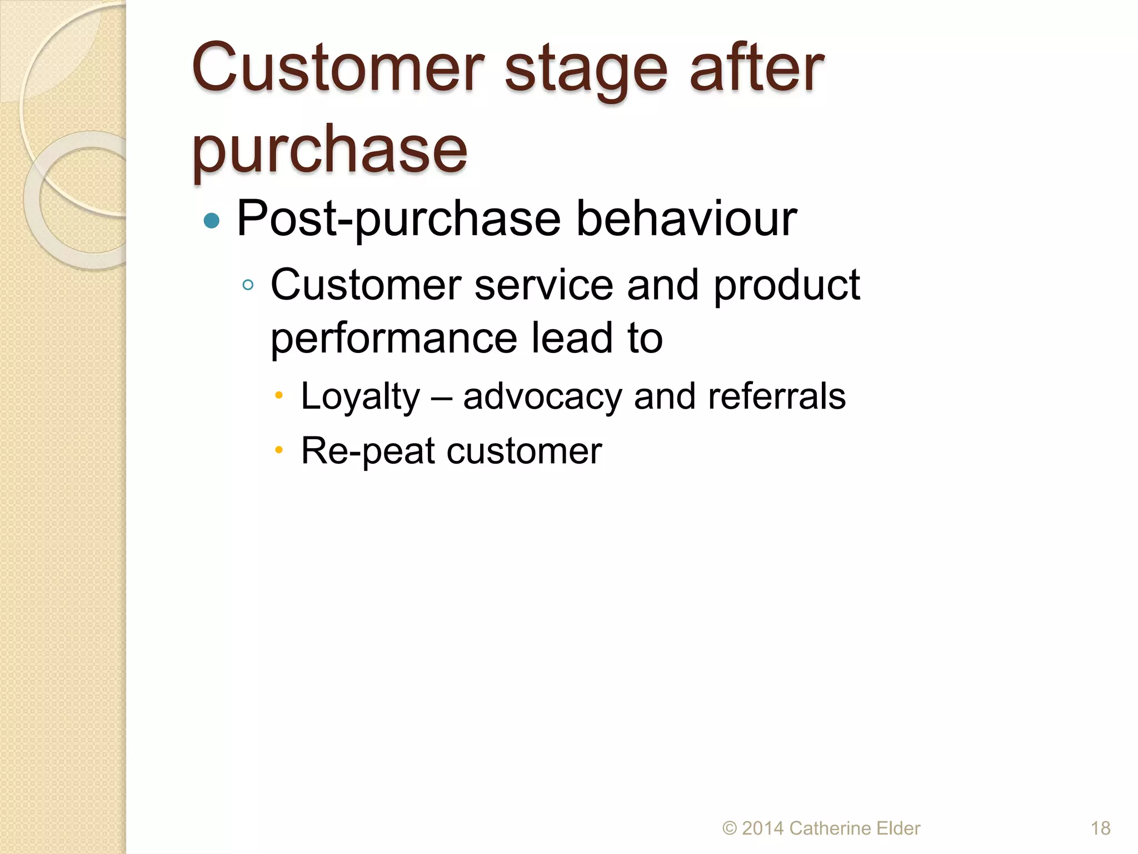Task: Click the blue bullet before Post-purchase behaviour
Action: [212, 221]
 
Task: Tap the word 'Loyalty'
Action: [361, 397]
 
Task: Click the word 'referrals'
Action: [776, 396]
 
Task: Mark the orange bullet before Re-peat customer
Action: [279, 450]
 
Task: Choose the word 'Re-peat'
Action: [368, 451]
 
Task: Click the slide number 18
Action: [1100, 828]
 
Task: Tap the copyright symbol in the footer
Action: [729, 828]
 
